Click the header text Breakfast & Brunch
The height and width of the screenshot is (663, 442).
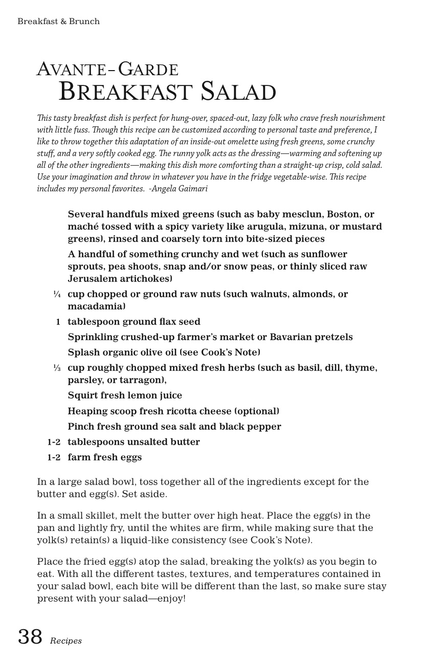tap(58, 21)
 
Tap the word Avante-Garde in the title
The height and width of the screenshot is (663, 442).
tap(107, 70)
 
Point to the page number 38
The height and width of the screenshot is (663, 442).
tap(30, 637)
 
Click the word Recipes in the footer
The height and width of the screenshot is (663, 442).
tap(66, 641)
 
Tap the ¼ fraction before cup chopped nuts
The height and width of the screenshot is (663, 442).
tap(57, 294)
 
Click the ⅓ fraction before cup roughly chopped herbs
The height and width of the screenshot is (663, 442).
tap(57, 368)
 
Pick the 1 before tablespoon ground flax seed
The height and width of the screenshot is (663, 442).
tap(58, 322)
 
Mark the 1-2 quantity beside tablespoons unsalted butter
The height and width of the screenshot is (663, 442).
tap(54, 442)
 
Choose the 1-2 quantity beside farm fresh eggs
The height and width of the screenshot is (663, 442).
tap(54, 457)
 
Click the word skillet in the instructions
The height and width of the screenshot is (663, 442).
tap(112, 516)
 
